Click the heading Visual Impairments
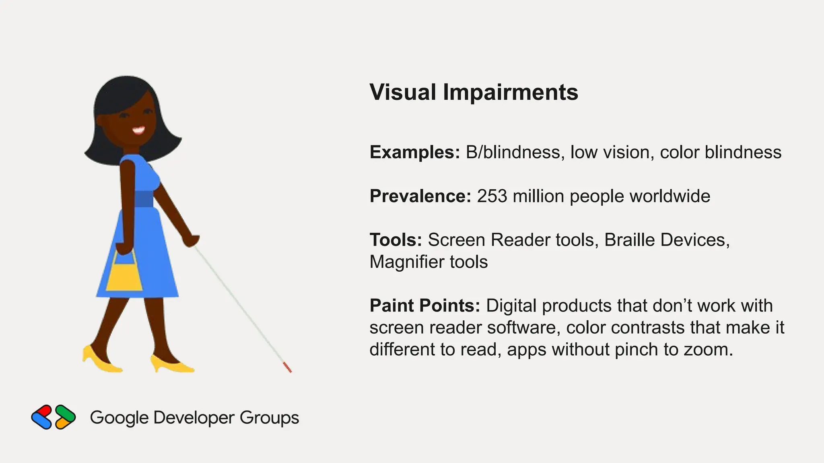tap(474, 92)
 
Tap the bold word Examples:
tap(414, 152)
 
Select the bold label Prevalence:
tap(420, 196)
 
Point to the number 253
tap(492, 196)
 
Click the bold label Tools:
tap(396, 240)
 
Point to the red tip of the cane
tap(287, 367)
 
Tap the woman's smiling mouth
tap(138, 130)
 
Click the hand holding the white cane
tap(190, 240)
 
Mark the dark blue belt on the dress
tap(143, 199)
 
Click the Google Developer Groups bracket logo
tap(53, 417)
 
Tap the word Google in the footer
tap(119, 418)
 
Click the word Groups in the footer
tap(269, 418)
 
